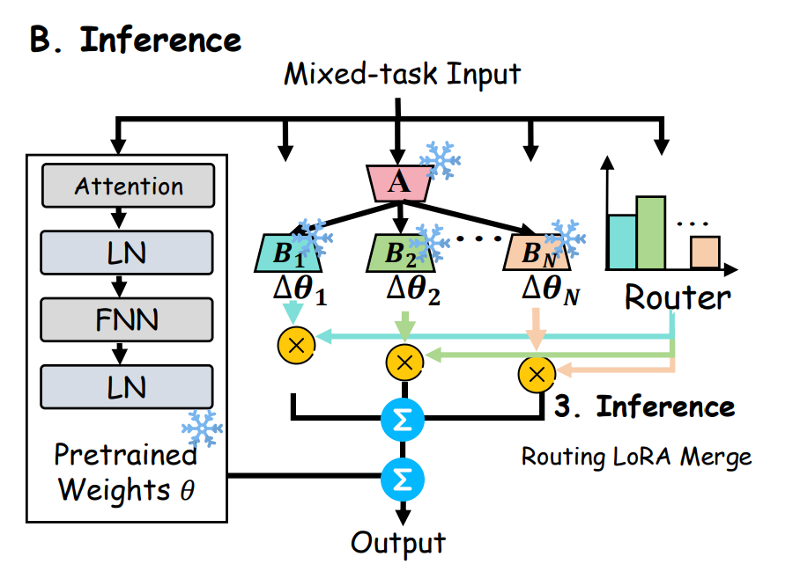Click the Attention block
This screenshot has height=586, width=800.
[x=129, y=186]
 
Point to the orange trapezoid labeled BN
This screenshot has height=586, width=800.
[x=536, y=253]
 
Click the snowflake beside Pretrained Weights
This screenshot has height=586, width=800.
[x=201, y=429]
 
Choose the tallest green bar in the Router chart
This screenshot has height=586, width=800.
[x=651, y=232]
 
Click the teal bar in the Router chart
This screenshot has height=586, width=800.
[x=621, y=240]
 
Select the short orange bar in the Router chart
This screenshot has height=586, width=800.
[x=705, y=252]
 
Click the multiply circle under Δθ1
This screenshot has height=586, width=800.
[x=296, y=344]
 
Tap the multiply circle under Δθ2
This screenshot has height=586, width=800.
[x=404, y=360]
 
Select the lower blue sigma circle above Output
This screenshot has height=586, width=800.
[x=402, y=479]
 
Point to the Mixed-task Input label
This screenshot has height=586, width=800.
[x=402, y=74]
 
